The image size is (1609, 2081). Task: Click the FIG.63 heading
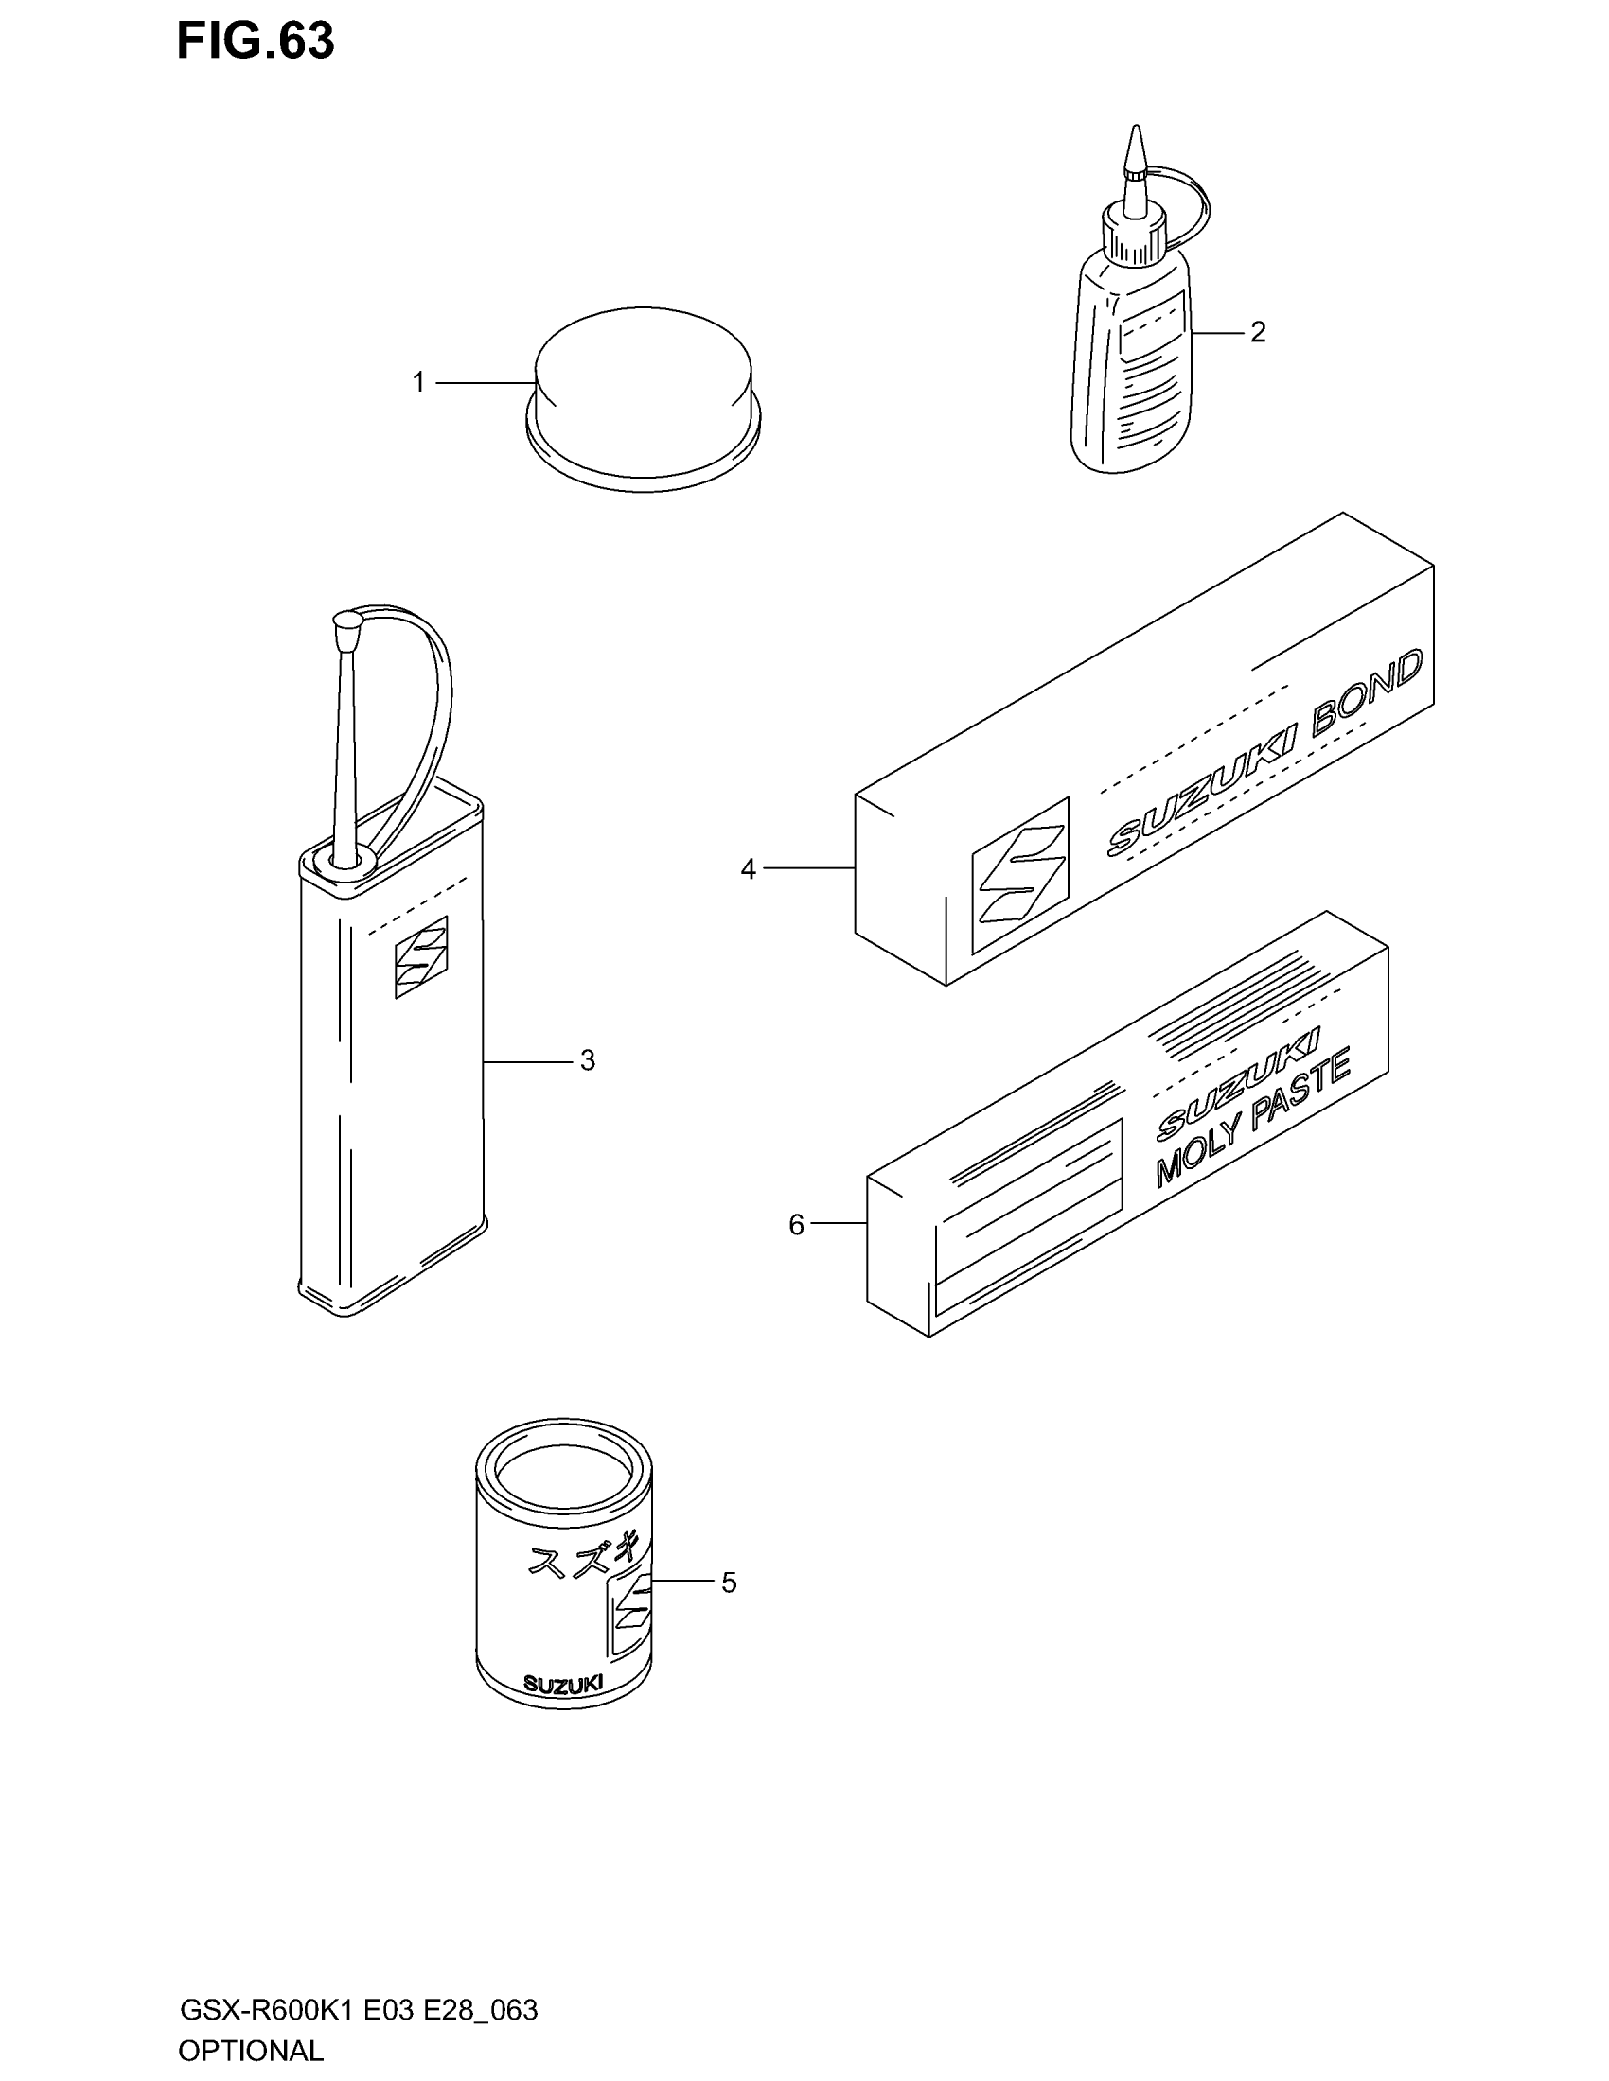click(x=256, y=41)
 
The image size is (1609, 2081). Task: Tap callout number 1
click(x=418, y=383)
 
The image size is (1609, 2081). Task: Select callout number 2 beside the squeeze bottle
click(x=1257, y=333)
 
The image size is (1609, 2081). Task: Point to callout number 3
click(x=587, y=1060)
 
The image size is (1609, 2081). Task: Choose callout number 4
click(x=749, y=869)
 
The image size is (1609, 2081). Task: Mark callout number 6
click(x=797, y=1224)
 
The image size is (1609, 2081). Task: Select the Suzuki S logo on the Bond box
click(x=1019, y=875)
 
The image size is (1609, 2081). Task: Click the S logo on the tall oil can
click(x=421, y=956)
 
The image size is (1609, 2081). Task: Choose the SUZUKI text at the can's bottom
click(x=563, y=1684)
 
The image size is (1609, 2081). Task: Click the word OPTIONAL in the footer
click(x=251, y=2051)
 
